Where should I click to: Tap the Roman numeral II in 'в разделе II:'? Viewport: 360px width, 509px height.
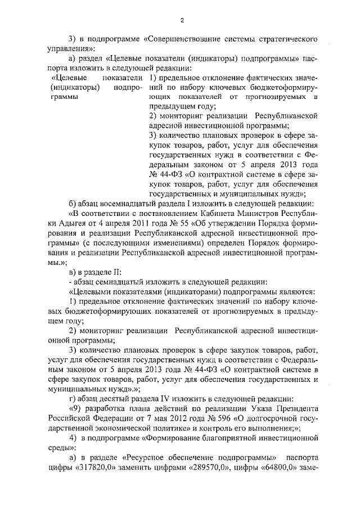[x=109, y=269]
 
